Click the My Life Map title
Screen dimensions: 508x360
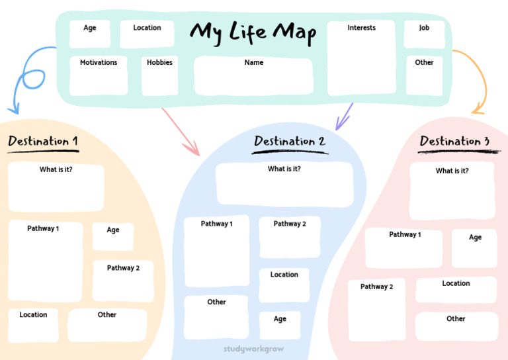click(x=253, y=33)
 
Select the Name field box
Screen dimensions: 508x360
click(x=254, y=76)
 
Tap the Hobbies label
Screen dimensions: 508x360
click(x=159, y=62)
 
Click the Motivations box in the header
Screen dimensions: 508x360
click(x=99, y=76)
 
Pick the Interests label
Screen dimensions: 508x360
click(x=362, y=28)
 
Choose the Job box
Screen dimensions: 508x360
click(x=424, y=34)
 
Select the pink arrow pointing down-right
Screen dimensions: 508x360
click(x=180, y=131)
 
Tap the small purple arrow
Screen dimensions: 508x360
click(x=344, y=116)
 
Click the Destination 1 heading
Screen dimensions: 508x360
click(x=43, y=141)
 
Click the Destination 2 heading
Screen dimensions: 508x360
click(x=290, y=141)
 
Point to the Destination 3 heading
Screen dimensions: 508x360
click(x=454, y=141)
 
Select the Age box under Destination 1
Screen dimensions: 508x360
click(x=113, y=236)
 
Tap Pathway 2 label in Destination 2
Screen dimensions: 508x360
click(x=290, y=224)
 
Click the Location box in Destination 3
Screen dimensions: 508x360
click(x=456, y=290)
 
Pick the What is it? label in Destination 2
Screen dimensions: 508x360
click(x=284, y=169)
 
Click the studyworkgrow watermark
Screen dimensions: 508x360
click(x=254, y=349)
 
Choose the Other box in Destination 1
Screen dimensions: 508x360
click(x=107, y=326)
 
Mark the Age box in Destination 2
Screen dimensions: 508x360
click(x=280, y=326)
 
